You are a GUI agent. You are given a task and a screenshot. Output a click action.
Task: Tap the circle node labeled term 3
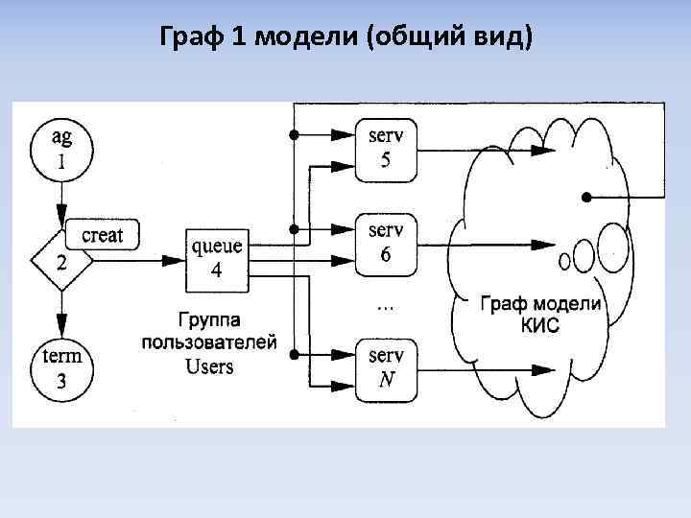pos(61,368)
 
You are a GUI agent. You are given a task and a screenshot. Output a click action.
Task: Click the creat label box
pos(103,234)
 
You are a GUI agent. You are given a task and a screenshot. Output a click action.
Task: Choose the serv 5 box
pos(386,148)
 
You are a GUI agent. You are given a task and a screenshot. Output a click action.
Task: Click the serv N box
pos(386,367)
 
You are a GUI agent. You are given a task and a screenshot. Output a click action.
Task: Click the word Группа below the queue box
pos(209,318)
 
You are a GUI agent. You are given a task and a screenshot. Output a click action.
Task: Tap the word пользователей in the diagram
pos(209,341)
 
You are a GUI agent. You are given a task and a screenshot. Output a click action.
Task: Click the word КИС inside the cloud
pos(539,325)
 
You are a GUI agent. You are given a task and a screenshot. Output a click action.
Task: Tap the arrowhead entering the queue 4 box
pos(178,260)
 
